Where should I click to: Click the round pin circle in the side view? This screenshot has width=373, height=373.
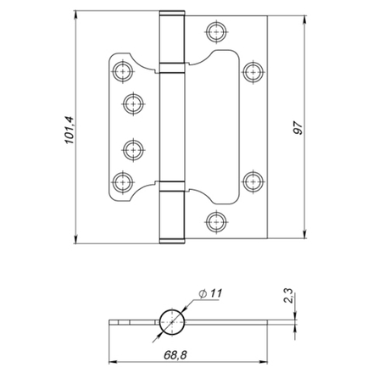click(x=171, y=322)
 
